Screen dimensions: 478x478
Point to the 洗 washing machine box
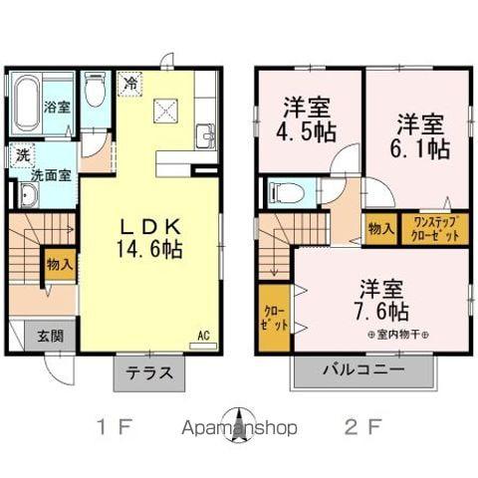click(21, 154)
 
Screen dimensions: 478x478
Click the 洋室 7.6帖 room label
click(381, 297)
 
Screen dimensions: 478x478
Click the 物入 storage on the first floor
click(60, 264)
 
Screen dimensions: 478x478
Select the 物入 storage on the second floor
click(380, 229)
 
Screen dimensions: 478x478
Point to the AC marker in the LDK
click(203, 336)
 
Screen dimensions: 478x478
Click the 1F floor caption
click(113, 429)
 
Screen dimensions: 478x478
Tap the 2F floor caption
click(362, 429)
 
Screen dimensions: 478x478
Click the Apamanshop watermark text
click(239, 429)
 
